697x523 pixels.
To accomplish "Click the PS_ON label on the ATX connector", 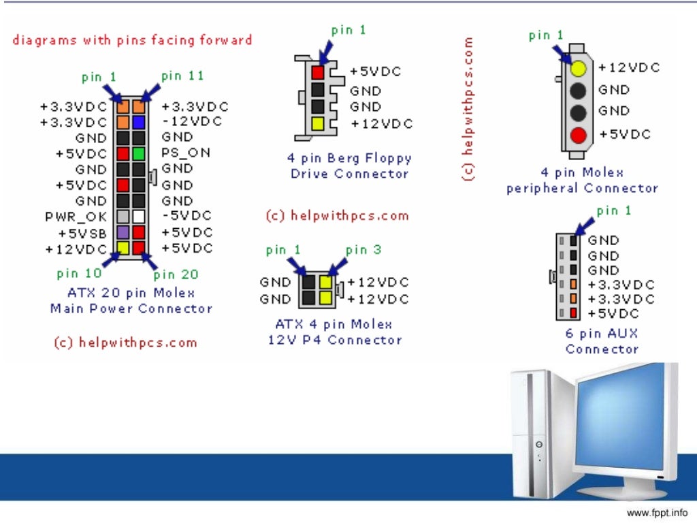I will point(185,153).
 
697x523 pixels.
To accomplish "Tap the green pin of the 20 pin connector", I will point(138,154).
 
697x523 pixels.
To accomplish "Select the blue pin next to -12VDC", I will point(138,123).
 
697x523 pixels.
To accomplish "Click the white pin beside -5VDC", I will point(138,217).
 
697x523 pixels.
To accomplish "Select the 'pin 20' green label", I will point(176,274).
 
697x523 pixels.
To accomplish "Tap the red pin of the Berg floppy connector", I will point(318,72).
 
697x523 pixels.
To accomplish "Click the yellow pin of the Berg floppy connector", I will point(318,123).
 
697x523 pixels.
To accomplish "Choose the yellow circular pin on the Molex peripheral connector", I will point(579,68).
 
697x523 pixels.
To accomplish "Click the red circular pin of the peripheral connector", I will point(579,134).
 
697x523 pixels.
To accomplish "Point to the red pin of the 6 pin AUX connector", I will point(574,313).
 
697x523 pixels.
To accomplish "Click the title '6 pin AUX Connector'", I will point(602,341).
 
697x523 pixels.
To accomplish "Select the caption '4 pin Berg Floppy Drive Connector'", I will point(349,165).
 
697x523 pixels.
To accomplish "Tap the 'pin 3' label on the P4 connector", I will point(365,250).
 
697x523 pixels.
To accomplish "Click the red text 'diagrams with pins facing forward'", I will point(132,40).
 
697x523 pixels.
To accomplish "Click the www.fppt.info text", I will point(656,512).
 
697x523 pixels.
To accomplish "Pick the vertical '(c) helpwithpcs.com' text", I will point(468,109).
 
